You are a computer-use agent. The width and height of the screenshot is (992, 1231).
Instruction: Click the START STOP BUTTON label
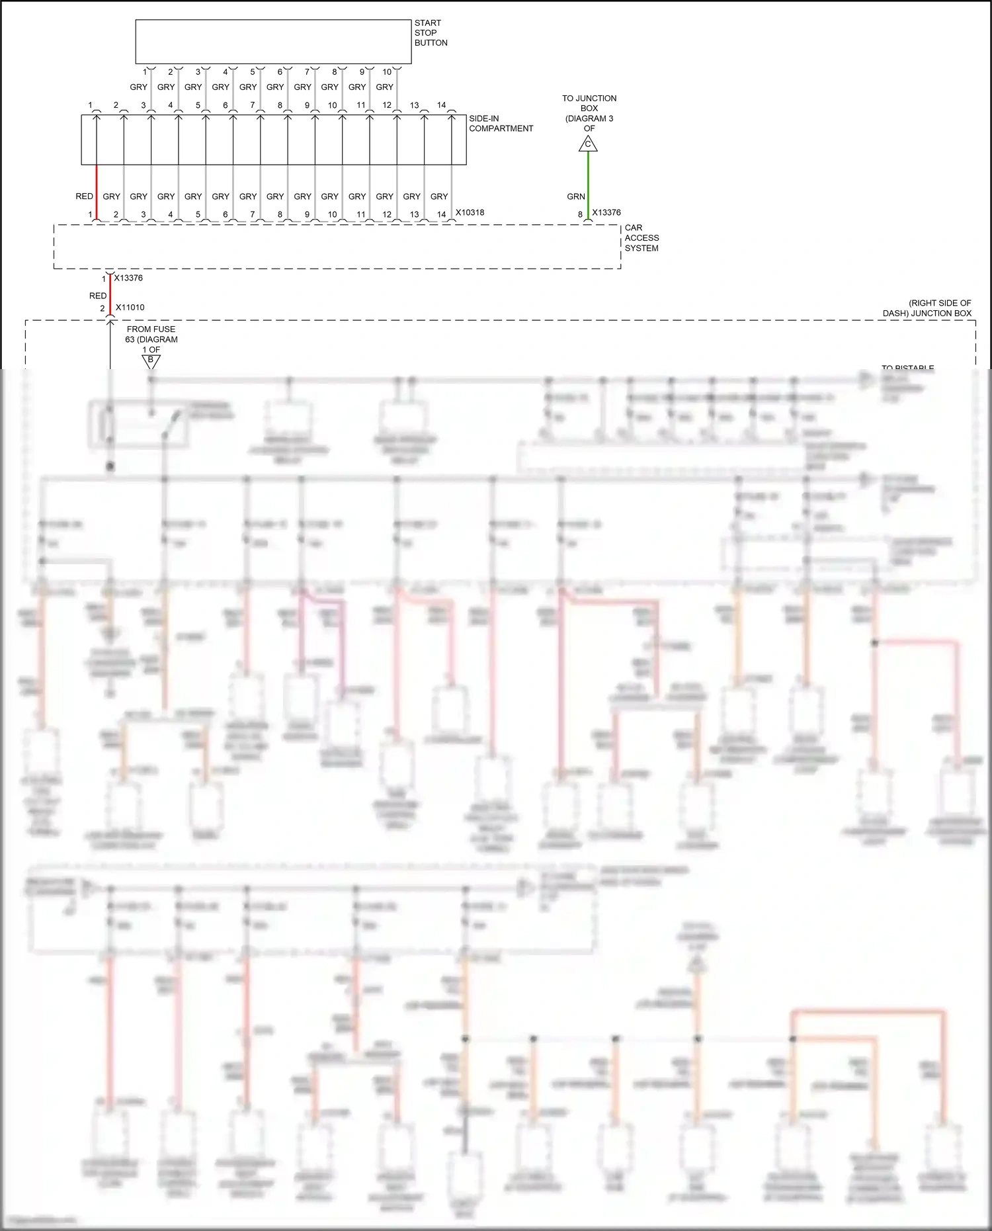tap(431, 32)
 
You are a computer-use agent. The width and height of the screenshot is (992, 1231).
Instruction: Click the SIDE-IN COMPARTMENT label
tap(500, 124)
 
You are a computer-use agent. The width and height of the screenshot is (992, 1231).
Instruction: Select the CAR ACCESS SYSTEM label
tap(641, 237)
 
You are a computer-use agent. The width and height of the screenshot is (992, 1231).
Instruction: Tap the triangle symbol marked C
tap(588, 144)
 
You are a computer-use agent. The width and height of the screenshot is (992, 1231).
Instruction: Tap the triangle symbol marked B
tap(151, 361)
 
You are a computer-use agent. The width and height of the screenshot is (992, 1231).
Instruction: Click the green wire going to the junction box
tap(588, 182)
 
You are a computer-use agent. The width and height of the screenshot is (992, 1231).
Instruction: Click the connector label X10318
tap(470, 212)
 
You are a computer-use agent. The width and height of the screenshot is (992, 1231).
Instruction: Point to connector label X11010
tap(130, 308)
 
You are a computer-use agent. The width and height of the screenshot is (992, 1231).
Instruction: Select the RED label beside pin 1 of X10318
tap(84, 196)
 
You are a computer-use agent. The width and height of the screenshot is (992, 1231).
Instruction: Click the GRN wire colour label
tap(575, 196)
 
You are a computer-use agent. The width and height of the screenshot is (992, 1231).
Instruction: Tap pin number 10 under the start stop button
tap(387, 71)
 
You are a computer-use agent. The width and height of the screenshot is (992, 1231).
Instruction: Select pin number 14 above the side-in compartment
tap(441, 105)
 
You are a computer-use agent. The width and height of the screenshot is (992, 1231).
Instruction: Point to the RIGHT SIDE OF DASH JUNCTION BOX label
tap(927, 308)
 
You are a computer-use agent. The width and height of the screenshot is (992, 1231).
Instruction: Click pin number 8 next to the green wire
tap(580, 214)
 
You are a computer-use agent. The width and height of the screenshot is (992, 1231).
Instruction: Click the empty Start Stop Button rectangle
tap(273, 41)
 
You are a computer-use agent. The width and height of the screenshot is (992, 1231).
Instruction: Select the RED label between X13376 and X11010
tap(98, 296)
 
